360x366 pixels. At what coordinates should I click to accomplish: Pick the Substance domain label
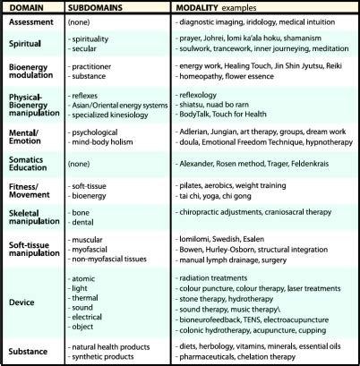pyautogui.click(x=30, y=350)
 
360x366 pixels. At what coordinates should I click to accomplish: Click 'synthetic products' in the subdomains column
pyautogui.click(x=110, y=355)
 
